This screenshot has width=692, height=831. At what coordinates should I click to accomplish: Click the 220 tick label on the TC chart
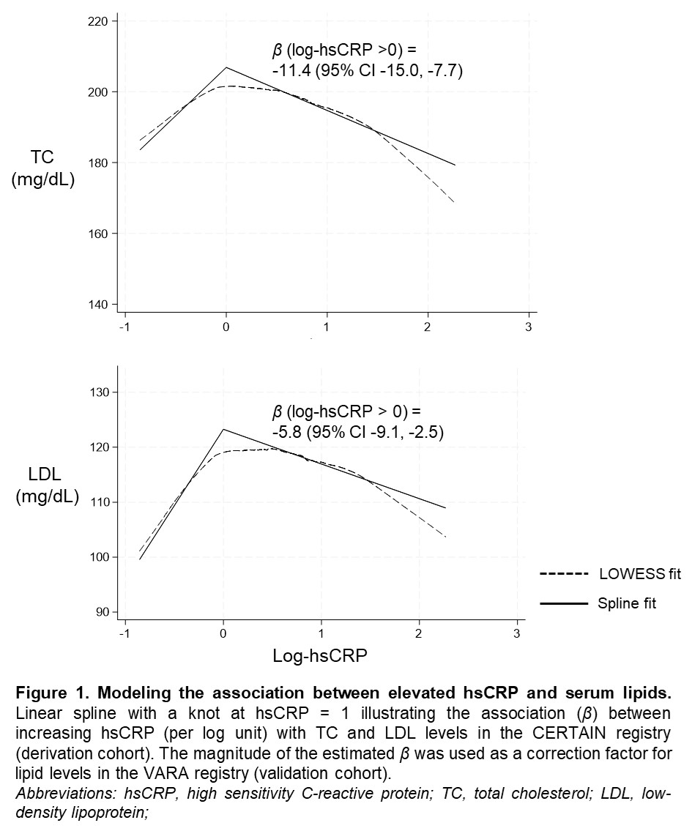pos(97,22)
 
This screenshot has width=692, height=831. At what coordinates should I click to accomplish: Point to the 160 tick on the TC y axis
pos(97,234)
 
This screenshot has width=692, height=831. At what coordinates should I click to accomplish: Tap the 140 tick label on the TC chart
pos(97,305)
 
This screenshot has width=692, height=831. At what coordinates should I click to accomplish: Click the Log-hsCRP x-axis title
pos(320,656)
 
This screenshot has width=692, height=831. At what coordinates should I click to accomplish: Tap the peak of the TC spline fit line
pos(226,67)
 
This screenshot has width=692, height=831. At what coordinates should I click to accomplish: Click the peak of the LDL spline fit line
pos(223,429)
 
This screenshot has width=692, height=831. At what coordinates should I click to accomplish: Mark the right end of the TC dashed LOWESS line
pos(455,201)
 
